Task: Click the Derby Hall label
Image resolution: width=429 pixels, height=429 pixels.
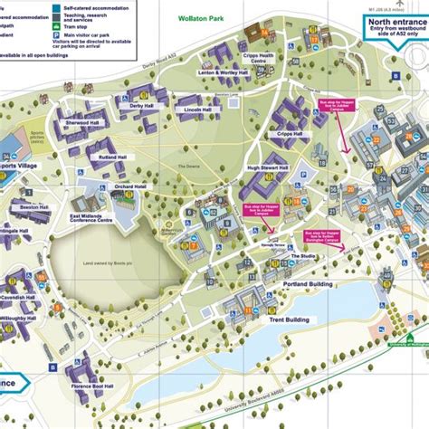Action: pos(142,105)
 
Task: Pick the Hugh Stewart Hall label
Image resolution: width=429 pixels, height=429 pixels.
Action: pos(267,168)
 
